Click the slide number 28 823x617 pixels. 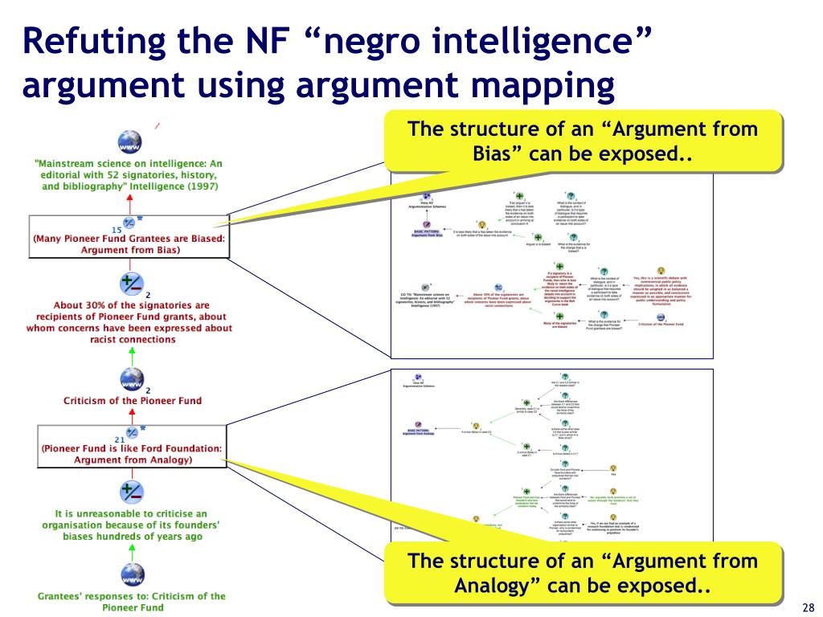809,607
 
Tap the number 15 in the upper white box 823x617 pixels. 117,230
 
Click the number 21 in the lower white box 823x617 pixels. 118,439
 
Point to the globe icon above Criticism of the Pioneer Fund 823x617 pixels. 131,378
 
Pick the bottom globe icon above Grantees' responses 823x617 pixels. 131,575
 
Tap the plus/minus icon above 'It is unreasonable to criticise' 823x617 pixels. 131,491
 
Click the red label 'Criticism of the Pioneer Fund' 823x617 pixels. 133,400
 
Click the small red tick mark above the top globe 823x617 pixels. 158,125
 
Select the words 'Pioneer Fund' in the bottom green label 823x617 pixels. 133,607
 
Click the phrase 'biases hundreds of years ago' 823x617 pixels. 133,536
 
